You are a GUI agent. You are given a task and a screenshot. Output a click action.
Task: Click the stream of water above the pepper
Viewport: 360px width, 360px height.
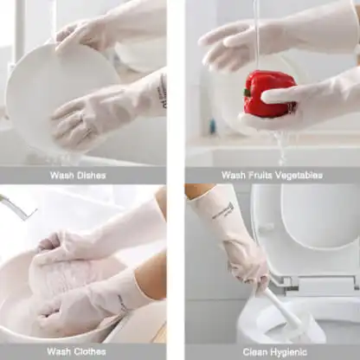[256, 35]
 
